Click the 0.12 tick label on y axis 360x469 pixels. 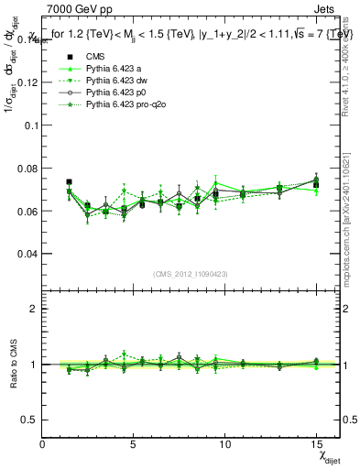[27, 82]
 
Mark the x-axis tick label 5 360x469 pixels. [134, 444]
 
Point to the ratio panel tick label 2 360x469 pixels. [34, 309]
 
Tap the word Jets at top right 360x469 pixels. [327, 11]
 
